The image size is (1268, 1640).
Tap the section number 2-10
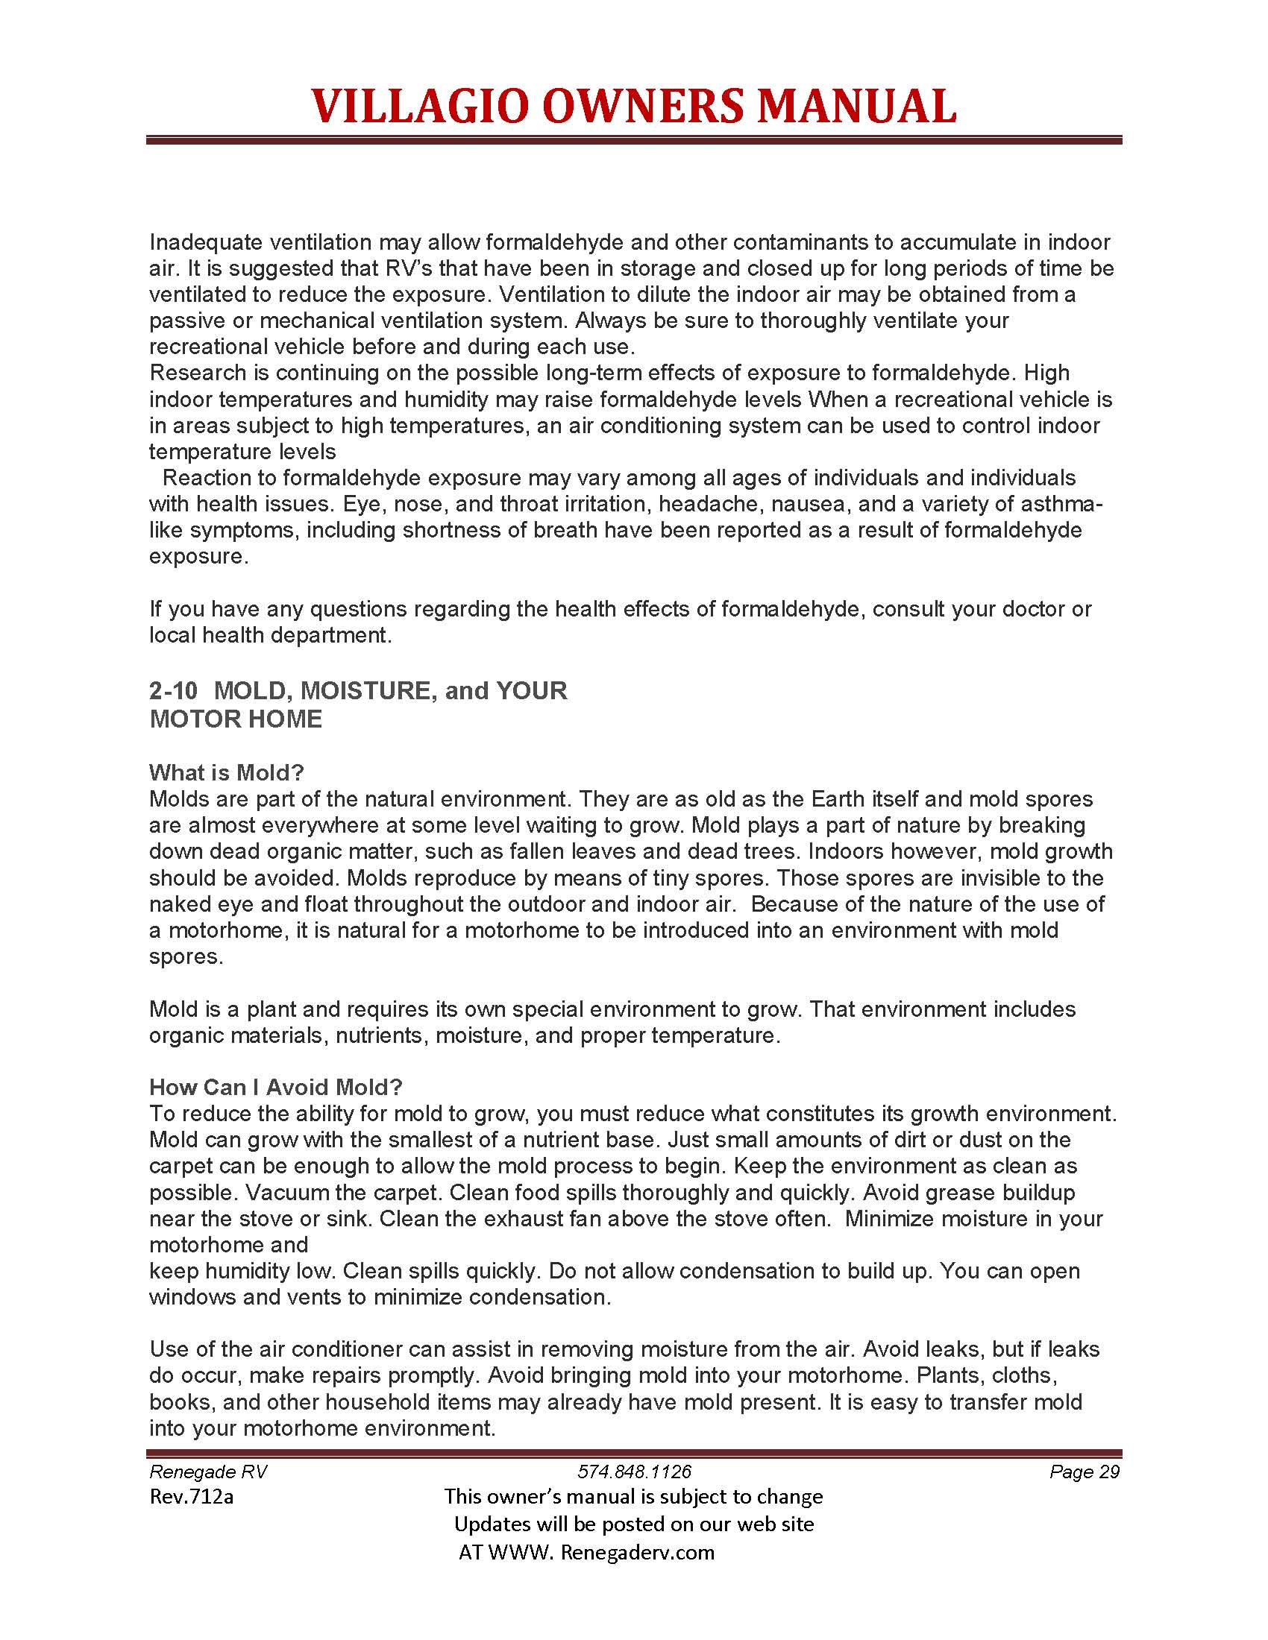coord(174,690)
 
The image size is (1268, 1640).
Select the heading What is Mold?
coord(226,773)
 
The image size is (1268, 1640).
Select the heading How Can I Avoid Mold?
coord(276,1087)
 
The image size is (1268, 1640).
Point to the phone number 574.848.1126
coord(634,1471)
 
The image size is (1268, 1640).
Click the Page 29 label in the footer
coord(1084,1471)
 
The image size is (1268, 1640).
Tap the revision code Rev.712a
coord(192,1497)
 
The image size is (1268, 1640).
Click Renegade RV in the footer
coord(208,1471)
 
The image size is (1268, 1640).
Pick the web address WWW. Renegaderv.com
coord(602,1552)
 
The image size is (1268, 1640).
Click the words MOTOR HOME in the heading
coord(236,719)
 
